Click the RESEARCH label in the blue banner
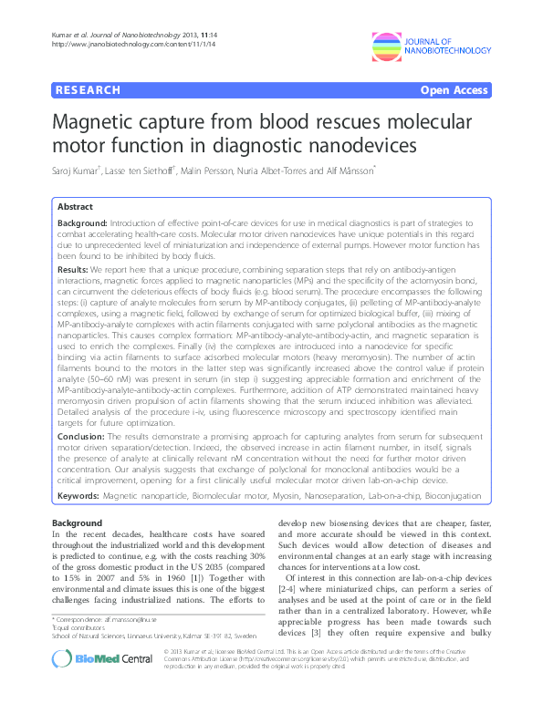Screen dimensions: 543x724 click(x=88, y=90)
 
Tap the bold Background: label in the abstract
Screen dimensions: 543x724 click(x=82, y=223)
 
